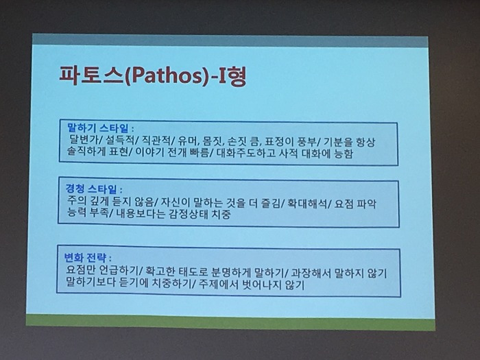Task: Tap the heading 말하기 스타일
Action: pos(98,128)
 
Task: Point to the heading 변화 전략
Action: pos(85,257)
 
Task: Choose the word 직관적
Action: pos(156,141)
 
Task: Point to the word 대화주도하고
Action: pos(246,153)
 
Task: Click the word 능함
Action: pos(344,154)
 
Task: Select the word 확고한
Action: pos(160,271)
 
